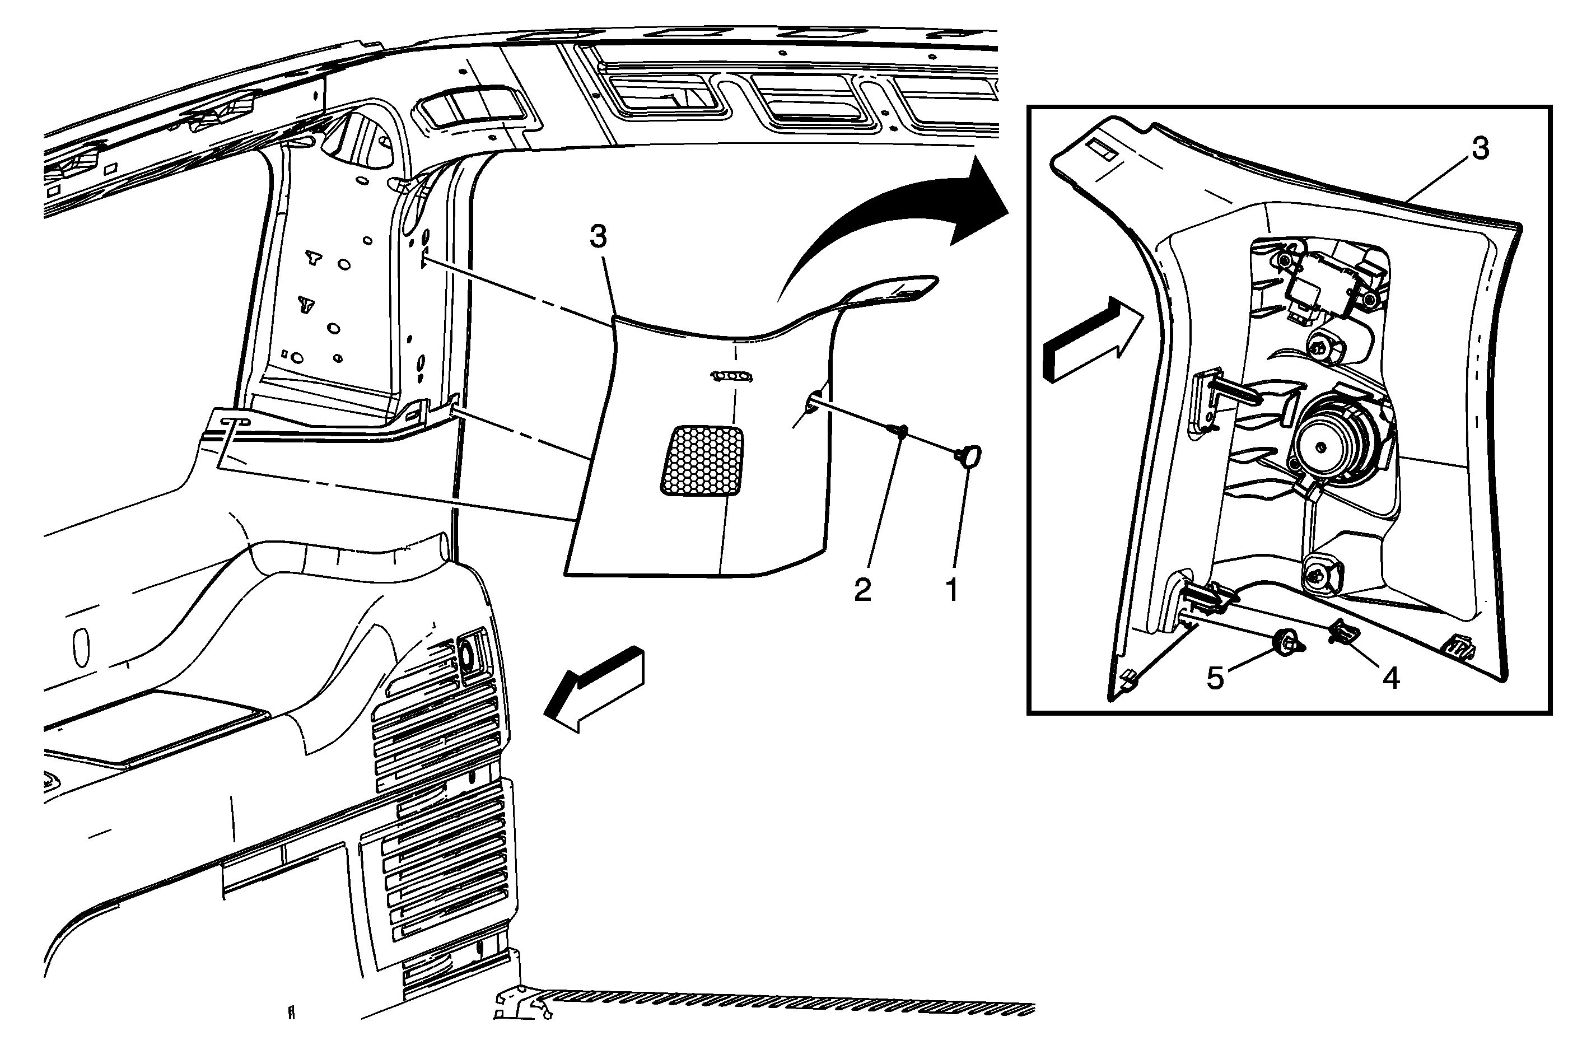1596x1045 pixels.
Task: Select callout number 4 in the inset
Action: (x=1391, y=679)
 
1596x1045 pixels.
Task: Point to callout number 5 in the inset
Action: (x=1215, y=679)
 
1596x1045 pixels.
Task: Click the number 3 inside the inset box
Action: (x=1480, y=149)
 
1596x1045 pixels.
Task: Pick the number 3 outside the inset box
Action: (x=598, y=237)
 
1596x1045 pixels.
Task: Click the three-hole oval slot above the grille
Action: (x=731, y=376)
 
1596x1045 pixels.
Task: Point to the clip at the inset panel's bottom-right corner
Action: (x=1459, y=646)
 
